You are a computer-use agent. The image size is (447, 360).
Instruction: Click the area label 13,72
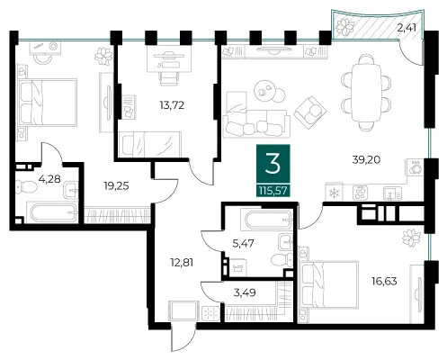172,105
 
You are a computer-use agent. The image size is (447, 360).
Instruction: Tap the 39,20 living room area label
366,160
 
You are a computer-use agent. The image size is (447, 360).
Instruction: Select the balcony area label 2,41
407,28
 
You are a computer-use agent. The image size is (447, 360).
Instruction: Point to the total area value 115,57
273,191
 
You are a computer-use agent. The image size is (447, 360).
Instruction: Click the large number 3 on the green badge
273,163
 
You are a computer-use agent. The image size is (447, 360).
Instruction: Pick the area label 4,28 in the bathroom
49,179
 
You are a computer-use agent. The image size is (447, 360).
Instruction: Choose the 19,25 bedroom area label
116,186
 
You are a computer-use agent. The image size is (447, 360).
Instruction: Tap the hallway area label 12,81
182,263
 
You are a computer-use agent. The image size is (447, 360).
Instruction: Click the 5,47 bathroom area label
243,243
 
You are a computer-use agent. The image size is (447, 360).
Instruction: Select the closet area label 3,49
245,292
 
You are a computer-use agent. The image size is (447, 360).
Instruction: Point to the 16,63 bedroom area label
384,282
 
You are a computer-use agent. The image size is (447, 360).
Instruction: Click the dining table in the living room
366,93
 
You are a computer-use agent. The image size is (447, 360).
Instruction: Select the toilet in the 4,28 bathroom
26,186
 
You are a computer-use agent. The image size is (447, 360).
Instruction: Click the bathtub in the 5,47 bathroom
268,220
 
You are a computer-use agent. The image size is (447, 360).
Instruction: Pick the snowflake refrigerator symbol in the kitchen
334,193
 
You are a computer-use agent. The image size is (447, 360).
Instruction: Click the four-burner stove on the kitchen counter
360,193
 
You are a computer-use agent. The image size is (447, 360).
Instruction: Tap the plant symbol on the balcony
345,26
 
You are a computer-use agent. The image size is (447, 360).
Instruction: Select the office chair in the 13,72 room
170,74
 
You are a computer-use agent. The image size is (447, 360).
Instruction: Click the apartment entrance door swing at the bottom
183,337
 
